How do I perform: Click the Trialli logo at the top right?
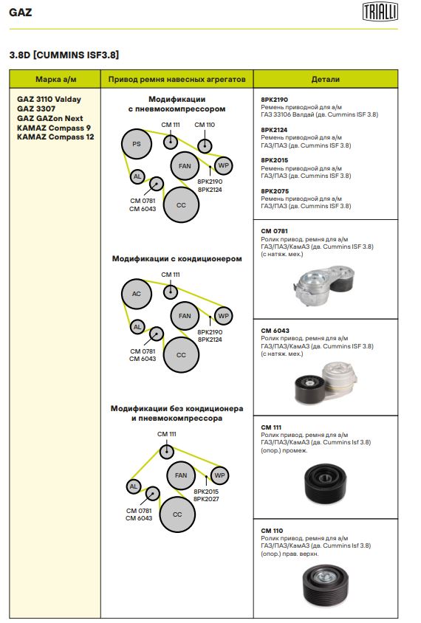[x=380, y=11]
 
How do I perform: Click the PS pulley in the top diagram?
[x=137, y=144]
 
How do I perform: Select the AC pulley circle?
[x=137, y=294]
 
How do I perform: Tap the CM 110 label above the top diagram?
[x=205, y=125]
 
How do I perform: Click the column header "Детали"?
[x=326, y=79]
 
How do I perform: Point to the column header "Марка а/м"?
[x=55, y=79]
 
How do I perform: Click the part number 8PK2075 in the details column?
[x=275, y=191]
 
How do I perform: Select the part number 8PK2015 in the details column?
[x=274, y=160]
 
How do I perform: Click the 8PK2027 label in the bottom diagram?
[x=206, y=499]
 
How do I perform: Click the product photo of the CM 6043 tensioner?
[x=326, y=383]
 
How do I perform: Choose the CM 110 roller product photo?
[x=325, y=585]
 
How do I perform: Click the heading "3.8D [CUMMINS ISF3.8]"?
[x=64, y=55]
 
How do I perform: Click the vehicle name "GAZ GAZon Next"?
[x=49, y=118]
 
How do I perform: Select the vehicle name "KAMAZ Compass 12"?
[x=55, y=137]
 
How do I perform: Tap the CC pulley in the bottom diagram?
[x=177, y=514]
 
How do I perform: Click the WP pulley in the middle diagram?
[x=223, y=316]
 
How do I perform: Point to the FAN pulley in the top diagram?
[x=185, y=166]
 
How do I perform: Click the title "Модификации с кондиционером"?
[x=177, y=258]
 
